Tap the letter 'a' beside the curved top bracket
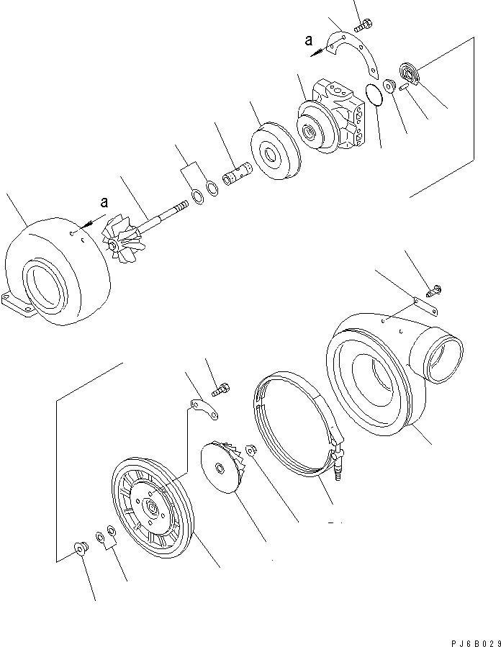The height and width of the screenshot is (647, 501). coord(309,41)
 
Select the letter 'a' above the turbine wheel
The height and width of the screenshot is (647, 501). coord(104,203)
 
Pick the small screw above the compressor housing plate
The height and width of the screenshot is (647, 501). coord(434,291)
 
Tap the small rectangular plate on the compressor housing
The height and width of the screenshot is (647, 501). coord(428,307)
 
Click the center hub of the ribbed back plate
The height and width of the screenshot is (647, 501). coord(153,509)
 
